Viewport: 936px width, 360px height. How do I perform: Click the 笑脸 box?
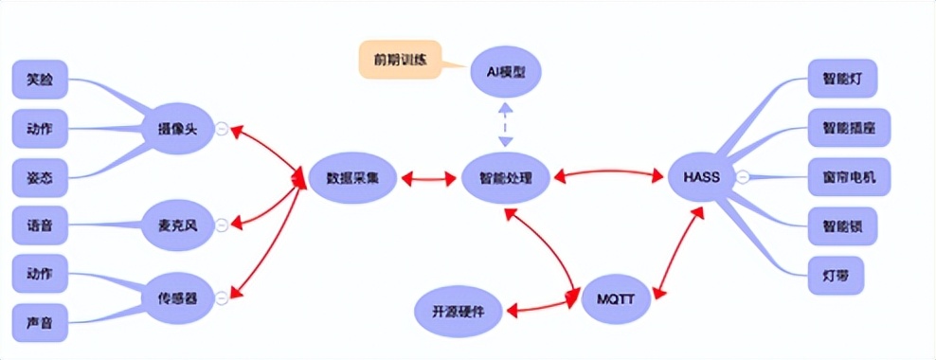40,80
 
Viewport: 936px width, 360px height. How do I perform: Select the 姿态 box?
40,176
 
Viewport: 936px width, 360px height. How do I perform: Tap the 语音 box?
40,225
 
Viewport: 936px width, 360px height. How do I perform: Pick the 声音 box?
40,322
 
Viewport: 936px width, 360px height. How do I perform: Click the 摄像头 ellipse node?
176,128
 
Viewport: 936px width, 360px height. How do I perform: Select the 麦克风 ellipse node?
176,225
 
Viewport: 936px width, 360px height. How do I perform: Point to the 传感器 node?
176,297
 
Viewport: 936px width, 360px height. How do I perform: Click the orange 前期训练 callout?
400,59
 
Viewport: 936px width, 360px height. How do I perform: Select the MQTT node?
615,299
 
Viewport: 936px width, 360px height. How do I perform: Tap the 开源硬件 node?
458,311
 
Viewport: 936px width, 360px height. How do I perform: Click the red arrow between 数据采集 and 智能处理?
428,177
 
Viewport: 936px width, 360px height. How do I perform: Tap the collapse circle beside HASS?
744,176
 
